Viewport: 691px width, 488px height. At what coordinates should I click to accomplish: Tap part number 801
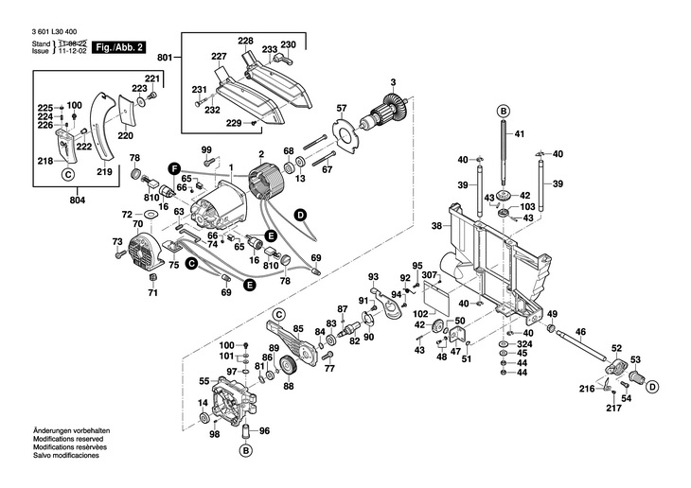click(166, 59)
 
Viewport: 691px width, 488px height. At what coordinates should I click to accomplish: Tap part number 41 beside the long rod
click(519, 136)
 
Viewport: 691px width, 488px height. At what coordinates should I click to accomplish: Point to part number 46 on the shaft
click(580, 332)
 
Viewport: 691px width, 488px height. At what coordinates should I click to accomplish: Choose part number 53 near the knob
click(635, 359)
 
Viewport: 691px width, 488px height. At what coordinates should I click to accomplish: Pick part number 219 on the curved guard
click(104, 172)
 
